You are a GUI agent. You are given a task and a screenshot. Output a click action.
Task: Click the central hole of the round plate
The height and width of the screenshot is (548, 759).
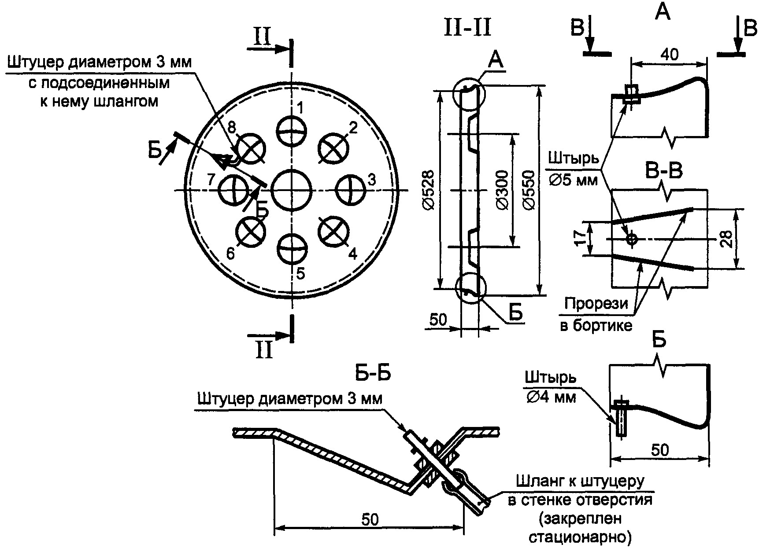pos(291,190)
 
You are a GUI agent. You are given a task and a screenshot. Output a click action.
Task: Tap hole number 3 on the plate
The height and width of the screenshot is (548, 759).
pos(351,190)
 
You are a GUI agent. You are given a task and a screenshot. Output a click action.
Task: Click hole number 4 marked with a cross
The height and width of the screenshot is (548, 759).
pos(333,232)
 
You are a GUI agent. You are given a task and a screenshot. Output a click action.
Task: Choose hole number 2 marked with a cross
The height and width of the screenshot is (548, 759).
pos(333,149)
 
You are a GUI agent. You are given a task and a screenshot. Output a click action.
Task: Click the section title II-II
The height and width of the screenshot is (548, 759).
pos(467,27)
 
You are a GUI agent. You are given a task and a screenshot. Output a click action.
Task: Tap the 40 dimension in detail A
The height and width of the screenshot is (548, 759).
pos(670,55)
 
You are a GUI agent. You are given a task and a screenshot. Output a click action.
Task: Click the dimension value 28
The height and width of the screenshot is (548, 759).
pos(727,239)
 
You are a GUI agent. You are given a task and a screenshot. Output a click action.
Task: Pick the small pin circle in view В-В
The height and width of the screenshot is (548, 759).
pos(632,239)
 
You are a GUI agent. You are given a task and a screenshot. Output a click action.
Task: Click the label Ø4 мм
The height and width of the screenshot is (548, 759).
pos(551,397)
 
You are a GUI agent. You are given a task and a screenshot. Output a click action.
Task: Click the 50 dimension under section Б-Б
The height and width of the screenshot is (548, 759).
pos(370,519)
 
